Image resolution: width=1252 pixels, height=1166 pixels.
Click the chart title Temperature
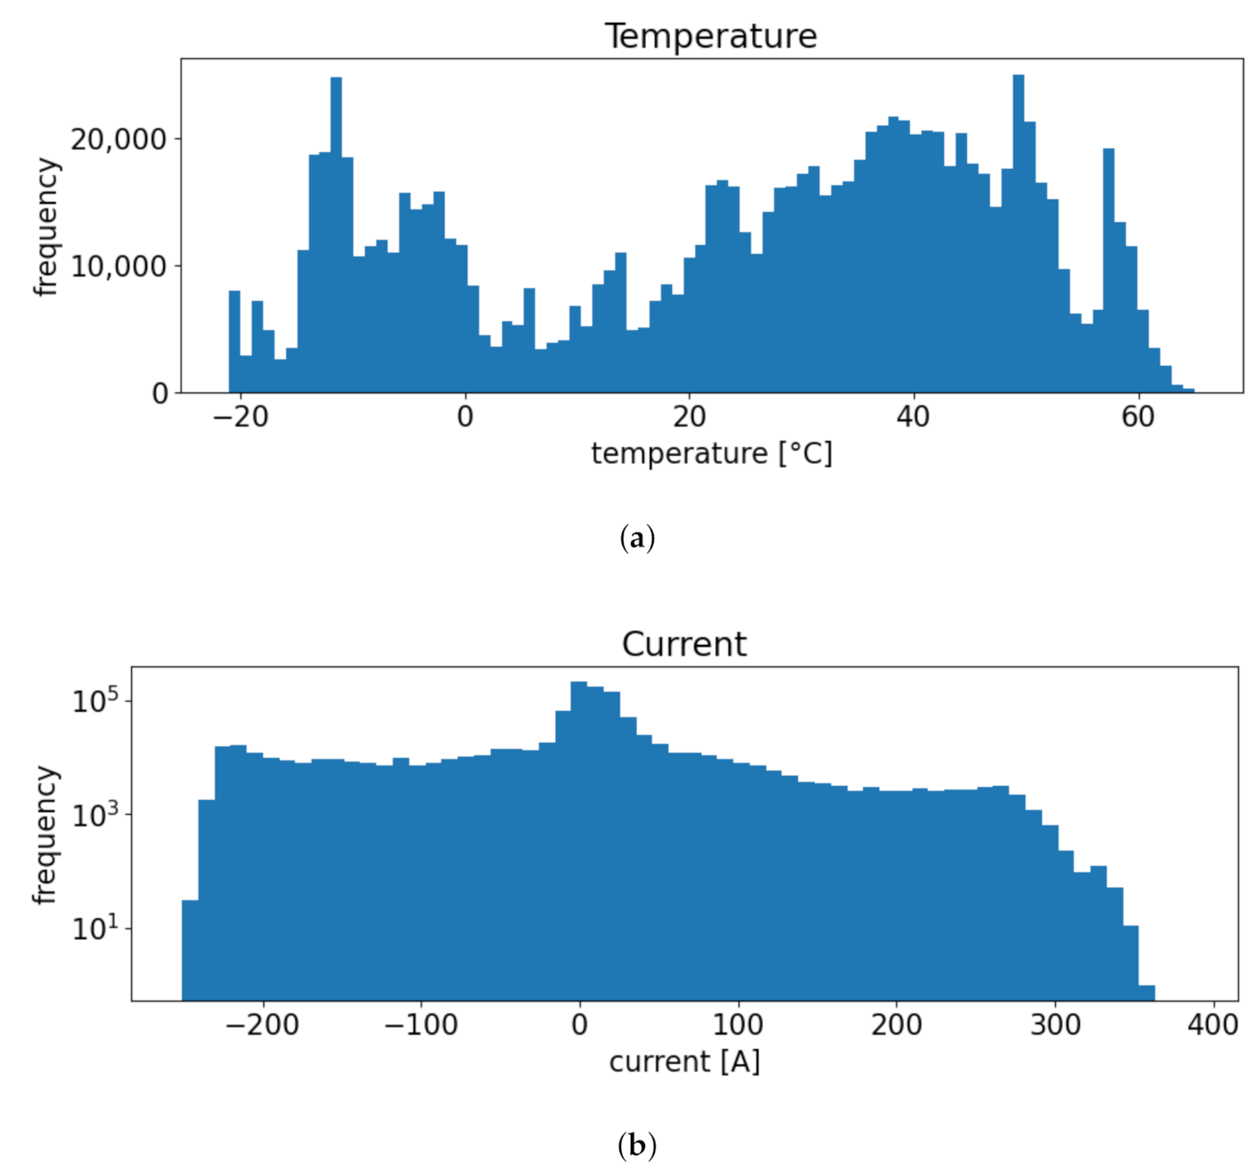[710, 36]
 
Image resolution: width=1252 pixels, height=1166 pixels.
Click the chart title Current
[684, 644]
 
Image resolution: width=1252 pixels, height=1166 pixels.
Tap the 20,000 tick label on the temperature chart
[118, 139]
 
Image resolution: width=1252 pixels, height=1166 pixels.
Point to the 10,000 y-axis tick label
[118, 266]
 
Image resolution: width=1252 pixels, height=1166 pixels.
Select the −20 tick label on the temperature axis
[240, 416]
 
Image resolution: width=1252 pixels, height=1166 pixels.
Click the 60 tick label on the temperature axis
[1138, 416]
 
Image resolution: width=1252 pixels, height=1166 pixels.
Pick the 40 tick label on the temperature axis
[913, 416]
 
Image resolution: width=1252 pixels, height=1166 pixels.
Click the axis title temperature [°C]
[711, 454]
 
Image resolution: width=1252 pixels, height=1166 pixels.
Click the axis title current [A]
[684, 1062]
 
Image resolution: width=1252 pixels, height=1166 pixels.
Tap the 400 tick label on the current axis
[1213, 1024]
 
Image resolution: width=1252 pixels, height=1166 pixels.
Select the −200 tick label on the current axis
[262, 1024]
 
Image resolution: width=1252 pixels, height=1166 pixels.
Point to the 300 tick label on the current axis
[1055, 1024]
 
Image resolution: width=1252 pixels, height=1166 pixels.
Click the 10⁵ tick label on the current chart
[94, 700]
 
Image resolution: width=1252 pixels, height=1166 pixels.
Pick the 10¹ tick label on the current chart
[94, 928]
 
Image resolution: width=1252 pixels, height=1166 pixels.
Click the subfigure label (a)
[637, 538]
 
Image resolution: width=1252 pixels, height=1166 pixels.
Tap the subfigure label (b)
[637, 1146]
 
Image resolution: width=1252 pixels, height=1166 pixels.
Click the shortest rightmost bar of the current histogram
[1146, 993]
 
